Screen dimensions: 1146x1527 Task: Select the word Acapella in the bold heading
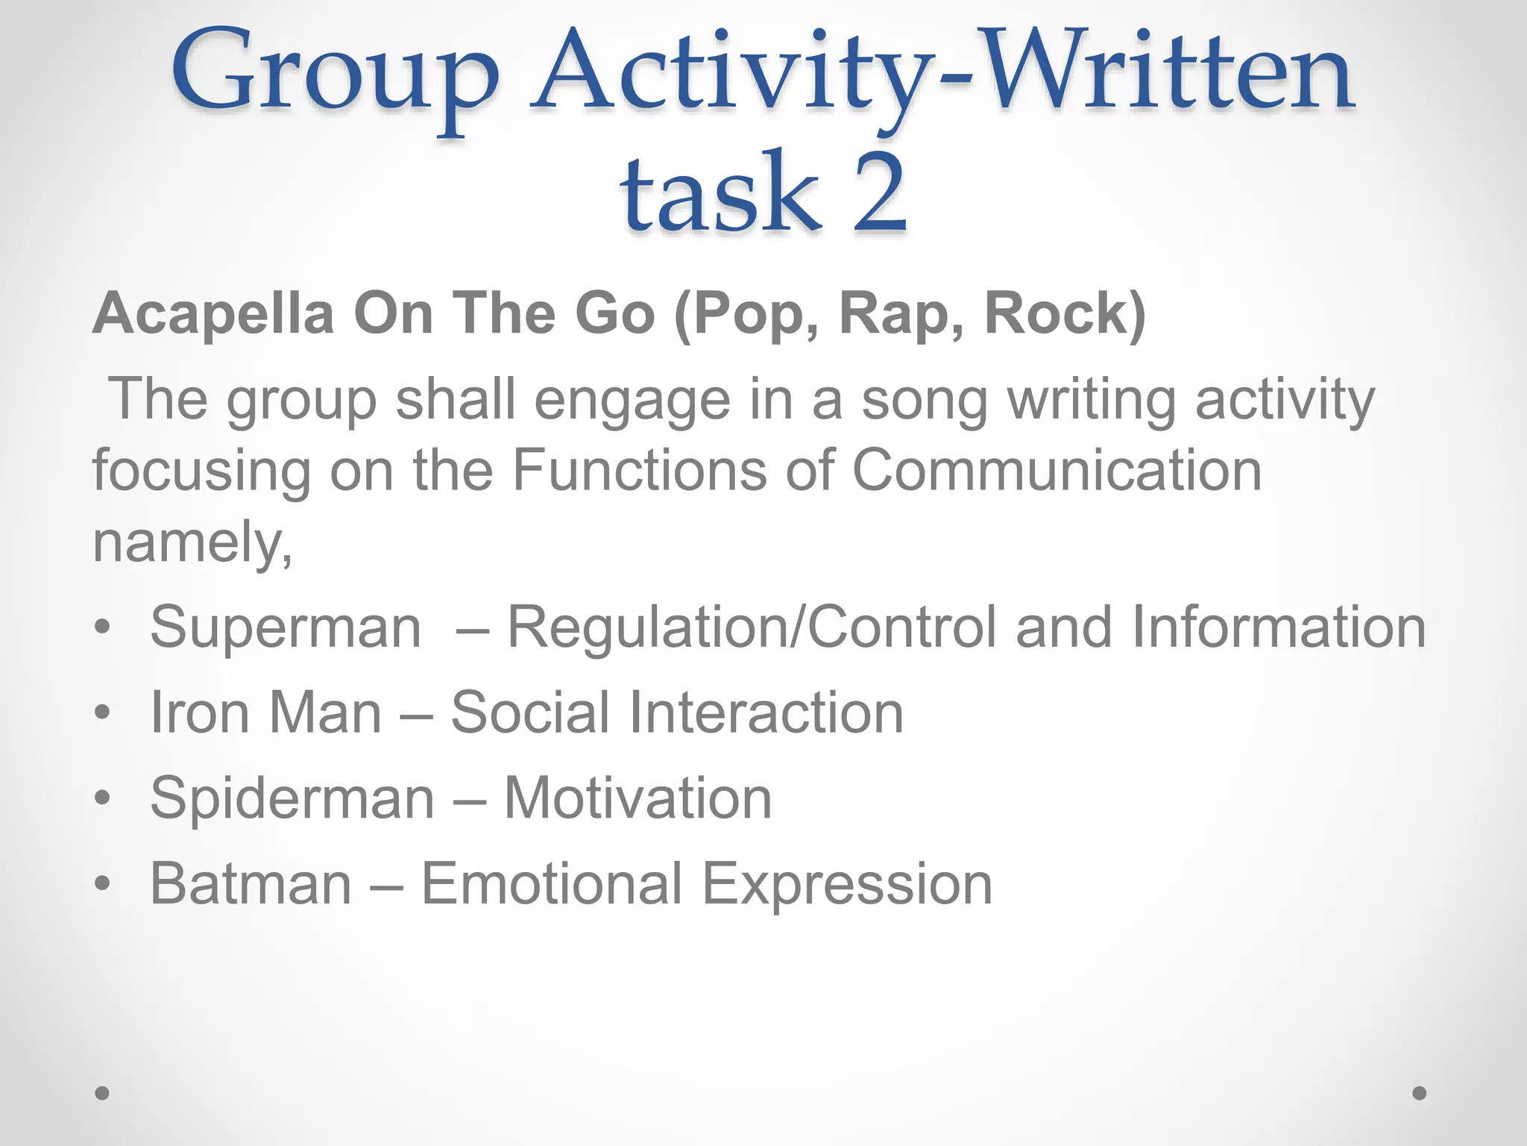coord(213,313)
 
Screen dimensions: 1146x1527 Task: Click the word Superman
coord(286,627)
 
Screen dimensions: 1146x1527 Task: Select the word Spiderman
coord(292,798)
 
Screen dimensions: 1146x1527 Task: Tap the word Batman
coord(251,884)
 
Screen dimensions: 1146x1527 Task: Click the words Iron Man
coord(266,713)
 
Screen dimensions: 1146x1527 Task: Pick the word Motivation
coord(638,798)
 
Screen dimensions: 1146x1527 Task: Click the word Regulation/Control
coord(752,627)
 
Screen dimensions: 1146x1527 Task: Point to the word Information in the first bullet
coord(1279,627)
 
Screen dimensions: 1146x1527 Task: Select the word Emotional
coord(552,884)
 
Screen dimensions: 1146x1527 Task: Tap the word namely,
coord(192,543)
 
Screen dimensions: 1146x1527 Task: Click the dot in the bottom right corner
coord(1420,1093)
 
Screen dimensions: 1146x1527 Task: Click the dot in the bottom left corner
coord(103,1093)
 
